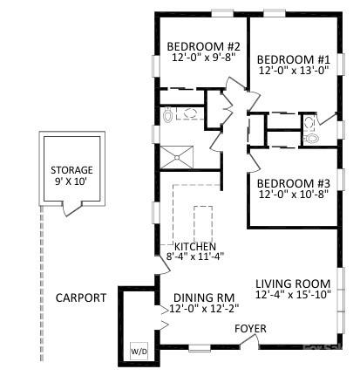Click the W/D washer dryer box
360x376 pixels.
pos(139,352)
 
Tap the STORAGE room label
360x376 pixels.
pos(71,170)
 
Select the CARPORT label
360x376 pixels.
pos(81,297)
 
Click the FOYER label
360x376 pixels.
pos(250,329)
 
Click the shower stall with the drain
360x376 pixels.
pos(177,157)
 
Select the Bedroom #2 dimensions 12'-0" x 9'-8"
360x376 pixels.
pos(203,58)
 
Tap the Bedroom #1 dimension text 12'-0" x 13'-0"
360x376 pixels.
pos(294,70)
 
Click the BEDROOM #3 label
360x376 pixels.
pos(294,184)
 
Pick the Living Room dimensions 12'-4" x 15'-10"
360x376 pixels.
pos(293,294)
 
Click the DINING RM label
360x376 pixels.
pos(204,297)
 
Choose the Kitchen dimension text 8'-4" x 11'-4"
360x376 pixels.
pos(195,256)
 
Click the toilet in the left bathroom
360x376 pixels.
pos(167,114)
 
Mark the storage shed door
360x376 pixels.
pos(72,209)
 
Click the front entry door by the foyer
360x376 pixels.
pos(249,340)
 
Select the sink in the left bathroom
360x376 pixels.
pos(190,113)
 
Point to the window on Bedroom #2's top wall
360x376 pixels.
pos(222,13)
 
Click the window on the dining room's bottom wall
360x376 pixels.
pos(200,348)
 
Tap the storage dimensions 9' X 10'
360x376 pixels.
pos(71,181)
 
